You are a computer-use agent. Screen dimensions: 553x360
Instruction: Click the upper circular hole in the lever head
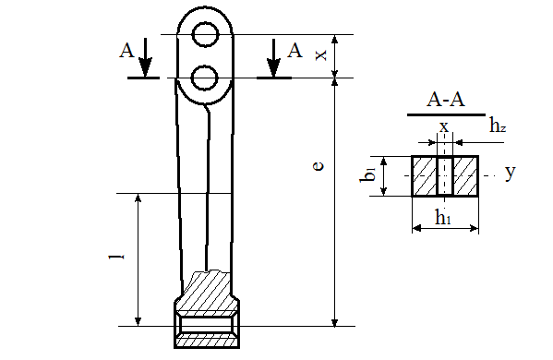(206, 34)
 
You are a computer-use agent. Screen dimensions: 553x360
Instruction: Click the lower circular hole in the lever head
(204, 78)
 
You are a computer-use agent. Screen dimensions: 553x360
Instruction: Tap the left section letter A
(126, 50)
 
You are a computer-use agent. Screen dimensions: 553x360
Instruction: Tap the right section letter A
(295, 50)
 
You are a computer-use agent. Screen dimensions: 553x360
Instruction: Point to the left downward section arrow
(145, 57)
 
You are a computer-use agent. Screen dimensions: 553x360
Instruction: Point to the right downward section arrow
(273, 57)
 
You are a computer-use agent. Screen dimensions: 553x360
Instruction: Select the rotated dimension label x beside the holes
(320, 55)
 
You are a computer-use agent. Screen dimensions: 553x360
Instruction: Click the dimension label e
(319, 166)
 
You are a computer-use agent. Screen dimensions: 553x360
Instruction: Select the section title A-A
(446, 99)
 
